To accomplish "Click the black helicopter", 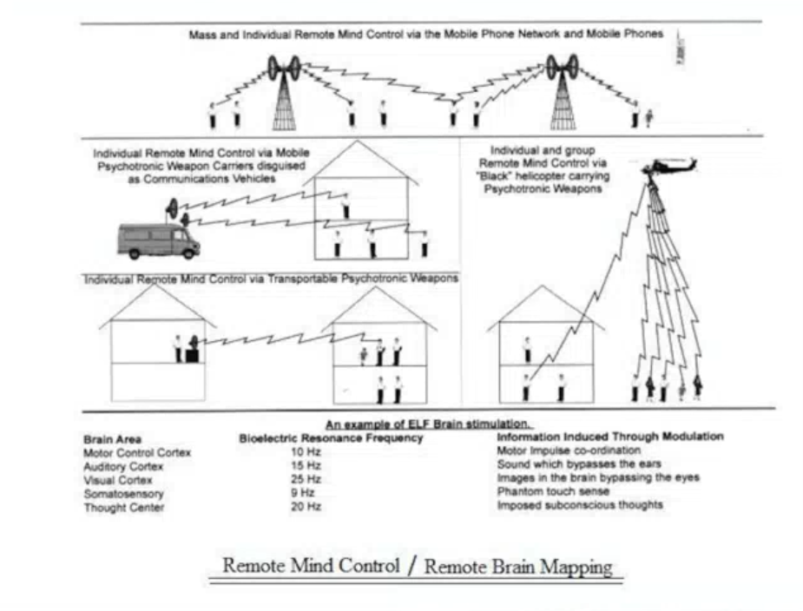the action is (x=669, y=167).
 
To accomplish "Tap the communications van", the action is (x=159, y=240).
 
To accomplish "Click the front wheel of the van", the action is (x=188, y=253).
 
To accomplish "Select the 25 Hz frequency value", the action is (x=306, y=479).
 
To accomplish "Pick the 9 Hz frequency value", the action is (x=302, y=493).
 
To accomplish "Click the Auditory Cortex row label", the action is (x=123, y=467).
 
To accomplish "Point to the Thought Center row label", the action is (x=124, y=508).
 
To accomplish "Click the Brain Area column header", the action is (x=112, y=439).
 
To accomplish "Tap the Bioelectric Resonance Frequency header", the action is (x=331, y=438).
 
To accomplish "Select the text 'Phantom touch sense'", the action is (x=553, y=492).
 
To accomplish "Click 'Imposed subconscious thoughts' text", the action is (x=580, y=505).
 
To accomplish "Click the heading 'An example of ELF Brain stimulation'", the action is (x=429, y=424).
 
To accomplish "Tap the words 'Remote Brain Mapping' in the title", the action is (x=518, y=567).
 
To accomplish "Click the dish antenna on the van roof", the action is (x=172, y=208).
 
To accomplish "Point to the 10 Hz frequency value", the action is (x=306, y=452).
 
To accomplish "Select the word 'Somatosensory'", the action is (x=123, y=494).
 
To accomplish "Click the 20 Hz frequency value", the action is (x=306, y=507).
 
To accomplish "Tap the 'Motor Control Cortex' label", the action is (x=137, y=453).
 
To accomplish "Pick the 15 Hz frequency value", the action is (x=306, y=465).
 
